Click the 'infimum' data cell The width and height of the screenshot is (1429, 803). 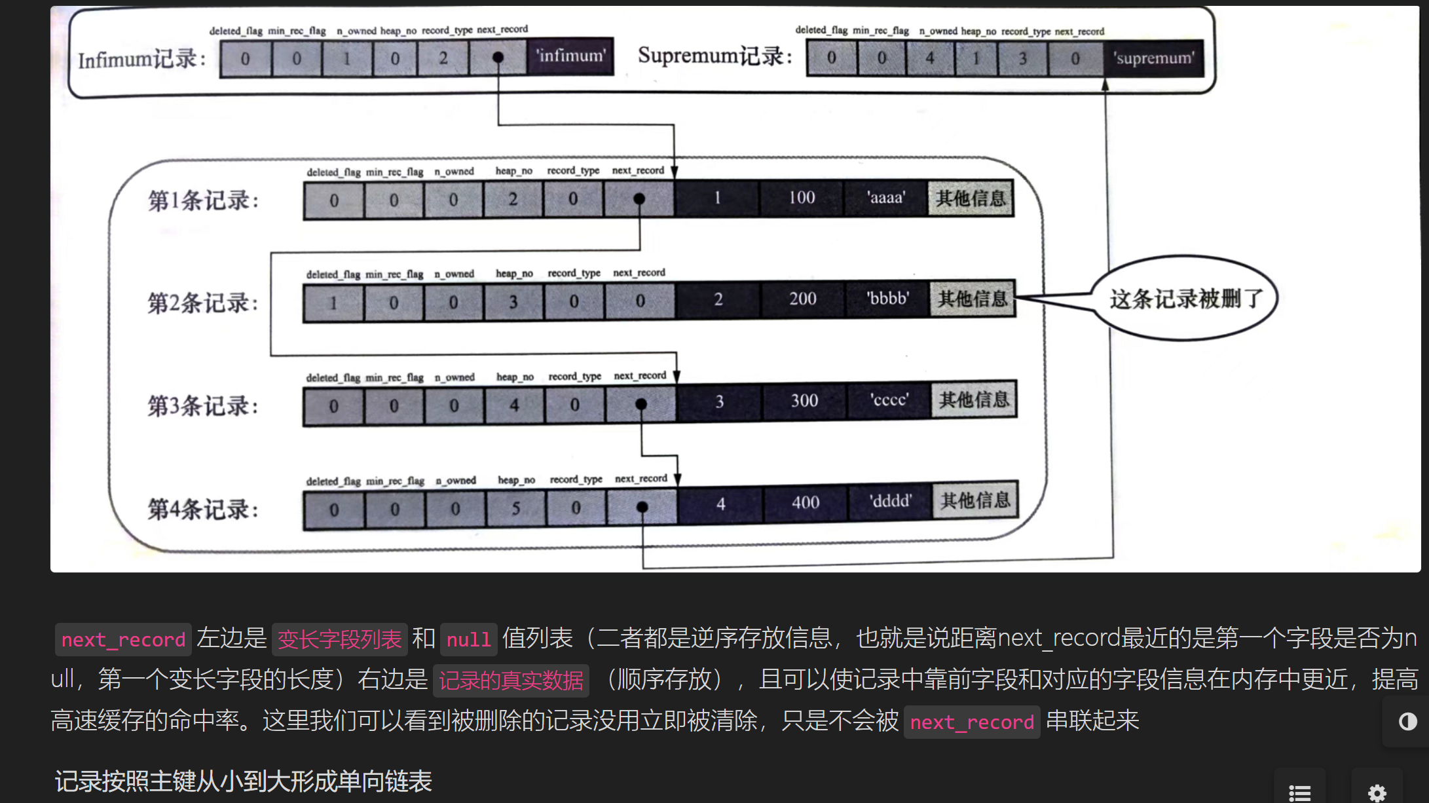570,56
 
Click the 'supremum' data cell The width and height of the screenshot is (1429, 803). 1154,58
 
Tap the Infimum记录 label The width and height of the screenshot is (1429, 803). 141,60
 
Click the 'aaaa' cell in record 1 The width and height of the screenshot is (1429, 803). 886,198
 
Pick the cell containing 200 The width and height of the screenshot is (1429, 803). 802,299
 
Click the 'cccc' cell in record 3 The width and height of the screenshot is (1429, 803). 889,400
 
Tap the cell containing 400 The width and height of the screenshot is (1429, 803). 806,503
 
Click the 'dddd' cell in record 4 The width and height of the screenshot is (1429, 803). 891,502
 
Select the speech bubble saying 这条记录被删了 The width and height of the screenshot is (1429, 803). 1185,299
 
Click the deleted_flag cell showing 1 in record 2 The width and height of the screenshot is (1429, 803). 333,303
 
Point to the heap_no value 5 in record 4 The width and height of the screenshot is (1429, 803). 516,508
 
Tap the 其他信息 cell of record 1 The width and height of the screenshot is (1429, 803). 971,198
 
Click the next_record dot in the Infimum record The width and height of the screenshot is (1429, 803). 498,58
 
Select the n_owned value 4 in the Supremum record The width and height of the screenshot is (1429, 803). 930,58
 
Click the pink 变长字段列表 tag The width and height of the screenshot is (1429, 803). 339,639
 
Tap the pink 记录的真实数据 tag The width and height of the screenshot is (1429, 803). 511,681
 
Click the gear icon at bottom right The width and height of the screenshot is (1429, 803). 1377,792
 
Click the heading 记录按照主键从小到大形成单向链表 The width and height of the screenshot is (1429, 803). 243,781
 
